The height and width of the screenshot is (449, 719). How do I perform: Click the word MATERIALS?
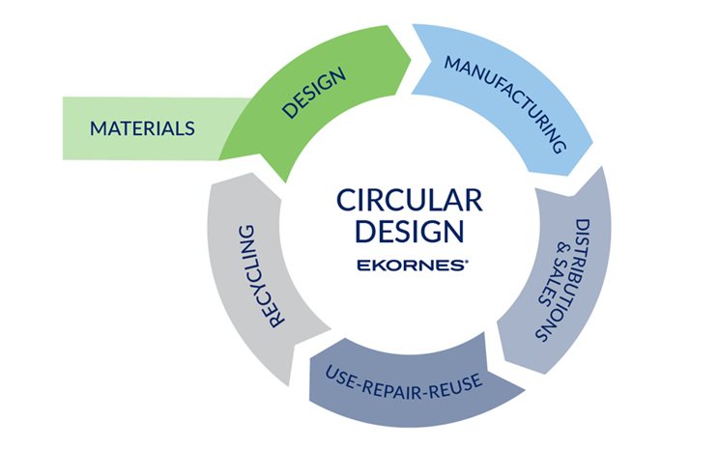pyautogui.click(x=142, y=127)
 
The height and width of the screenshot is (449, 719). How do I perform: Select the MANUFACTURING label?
pyautogui.click(x=504, y=103)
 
